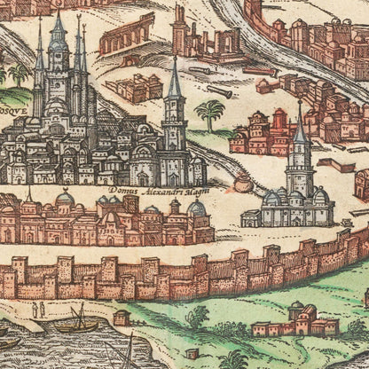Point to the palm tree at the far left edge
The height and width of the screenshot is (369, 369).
17,75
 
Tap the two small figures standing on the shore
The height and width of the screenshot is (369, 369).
38,310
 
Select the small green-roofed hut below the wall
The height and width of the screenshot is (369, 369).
122,318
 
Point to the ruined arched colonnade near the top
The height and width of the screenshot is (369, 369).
126,35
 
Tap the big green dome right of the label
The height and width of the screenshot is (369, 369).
196,209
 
